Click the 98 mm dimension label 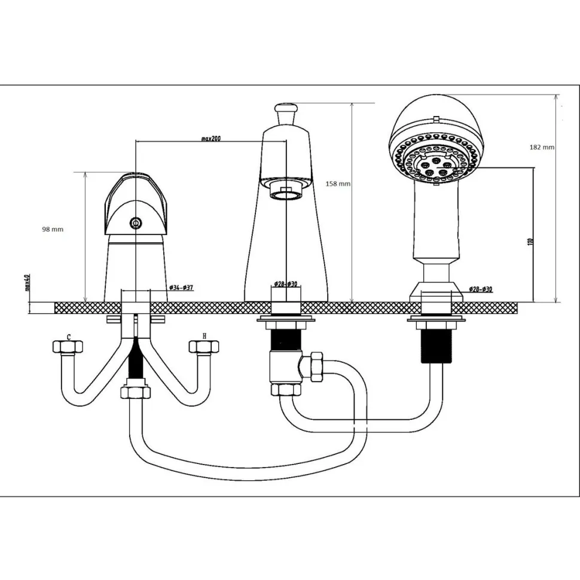pos(53,230)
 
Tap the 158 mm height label pos(338,184)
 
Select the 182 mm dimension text pos(542,147)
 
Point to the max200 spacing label pos(211,139)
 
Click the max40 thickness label pos(27,283)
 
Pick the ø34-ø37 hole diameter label pos(181,288)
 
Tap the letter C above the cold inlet pos(69,337)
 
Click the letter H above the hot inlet pos(204,336)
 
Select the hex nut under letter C pos(68,347)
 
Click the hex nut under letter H pos(204,347)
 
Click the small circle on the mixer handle pos(136,222)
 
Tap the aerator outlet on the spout pos(285,193)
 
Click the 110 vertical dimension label pos(532,242)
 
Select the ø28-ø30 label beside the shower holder pos(481,289)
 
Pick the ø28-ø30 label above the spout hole pos(286,284)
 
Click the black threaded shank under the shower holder pos(437,346)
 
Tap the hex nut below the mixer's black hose pos(136,392)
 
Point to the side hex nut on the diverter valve pos(317,367)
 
